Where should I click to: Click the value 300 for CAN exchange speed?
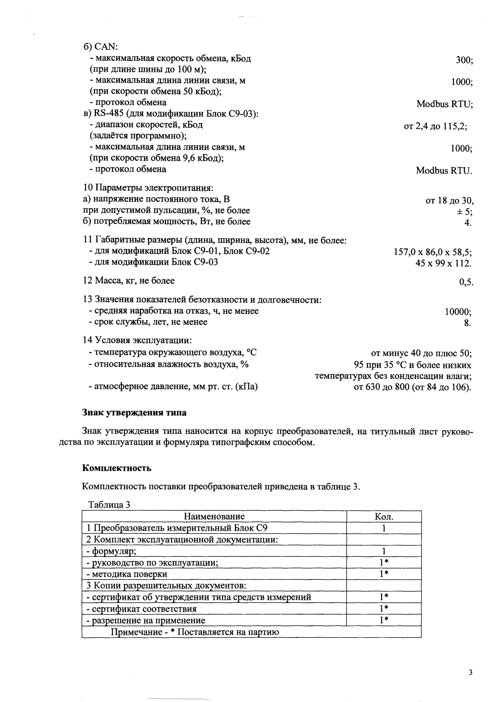(x=464, y=60)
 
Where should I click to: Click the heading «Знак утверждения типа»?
(x=134, y=412)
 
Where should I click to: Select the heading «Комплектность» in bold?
(x=117, y=468)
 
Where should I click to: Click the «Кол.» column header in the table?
(x=384, y=516)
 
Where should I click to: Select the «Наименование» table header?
(x=214, y=516)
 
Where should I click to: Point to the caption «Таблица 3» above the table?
(x=108, y=505)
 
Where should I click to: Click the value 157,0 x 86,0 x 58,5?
(x=433, y=252)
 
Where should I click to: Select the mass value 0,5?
(x=466, y=282)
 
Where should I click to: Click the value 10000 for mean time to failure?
(x=458, y=312)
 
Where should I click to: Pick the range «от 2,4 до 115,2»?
(x=435, y=126)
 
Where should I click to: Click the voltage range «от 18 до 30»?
(x=449, y=201)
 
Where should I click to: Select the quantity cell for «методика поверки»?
(x=384, y=574)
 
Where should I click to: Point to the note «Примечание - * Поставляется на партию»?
(x=195, y=632)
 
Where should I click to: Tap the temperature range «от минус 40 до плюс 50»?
(x=421, y=353)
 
